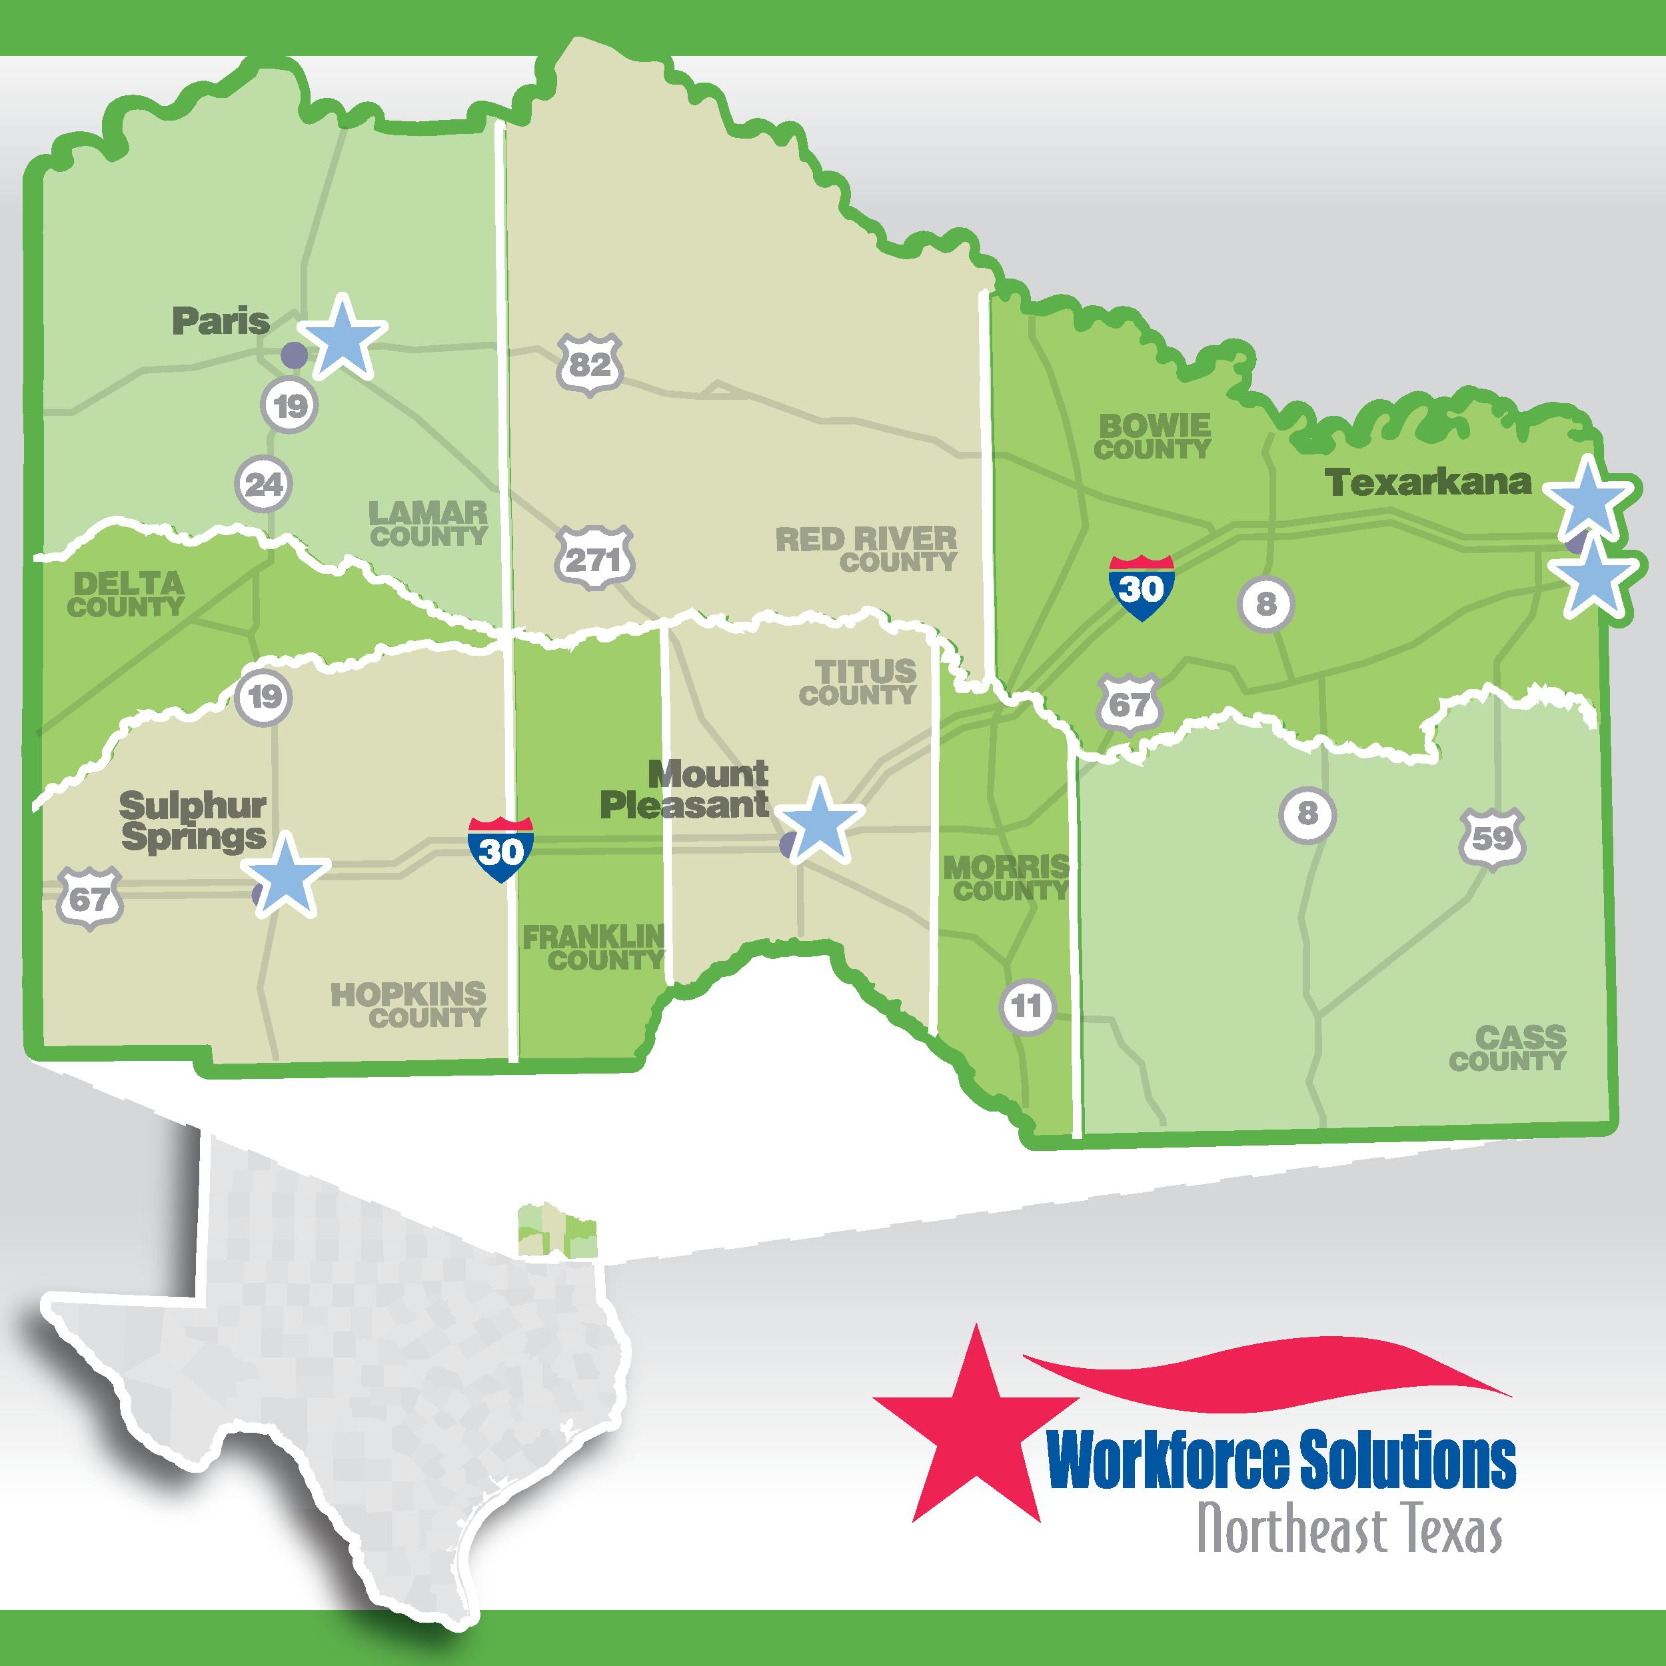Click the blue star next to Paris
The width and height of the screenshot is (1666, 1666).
click(x=343, y=337)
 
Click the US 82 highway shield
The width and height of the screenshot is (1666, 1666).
click(x=590, y=366)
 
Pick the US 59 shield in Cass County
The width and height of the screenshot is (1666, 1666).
click(x=1492, y=839)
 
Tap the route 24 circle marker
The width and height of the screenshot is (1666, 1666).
click(x=264, y=484)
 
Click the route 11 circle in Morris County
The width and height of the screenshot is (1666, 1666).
click(x=1026, y=1006)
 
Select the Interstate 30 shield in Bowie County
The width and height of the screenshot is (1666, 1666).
click(x=1141, y=589)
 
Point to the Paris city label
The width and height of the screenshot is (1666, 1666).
click(x=221, y=322)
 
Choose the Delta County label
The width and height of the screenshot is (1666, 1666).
click(x=127, y=595)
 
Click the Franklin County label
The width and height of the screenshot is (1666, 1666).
click(x=594, y=948)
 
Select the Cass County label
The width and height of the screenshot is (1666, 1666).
click(x=1508, y=1048)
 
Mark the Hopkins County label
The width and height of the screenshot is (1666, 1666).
click(x=410, y=1006)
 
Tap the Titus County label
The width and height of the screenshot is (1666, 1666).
click(x=858, y=683)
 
